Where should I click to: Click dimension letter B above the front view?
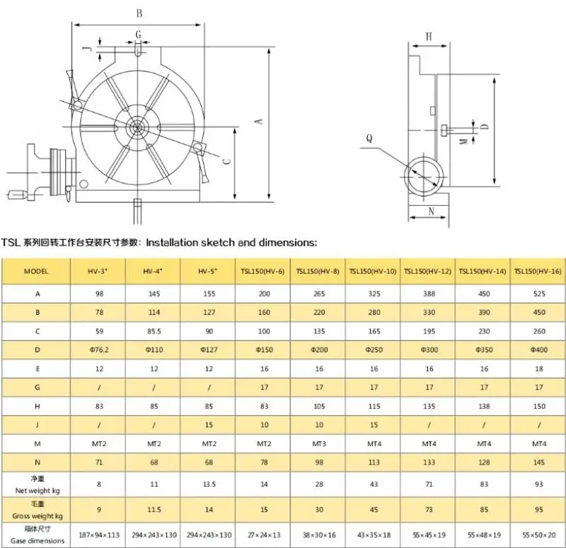(x=139, y=13)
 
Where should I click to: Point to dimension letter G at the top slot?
(x=138, y=35)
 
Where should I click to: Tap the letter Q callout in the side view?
(x=369, y=139)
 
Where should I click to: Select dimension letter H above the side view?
(x=429, y=37)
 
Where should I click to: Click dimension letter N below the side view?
(x=431, y=211)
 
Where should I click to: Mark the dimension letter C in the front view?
(x=226, y=161)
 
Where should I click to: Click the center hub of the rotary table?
(x=137, y=127)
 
